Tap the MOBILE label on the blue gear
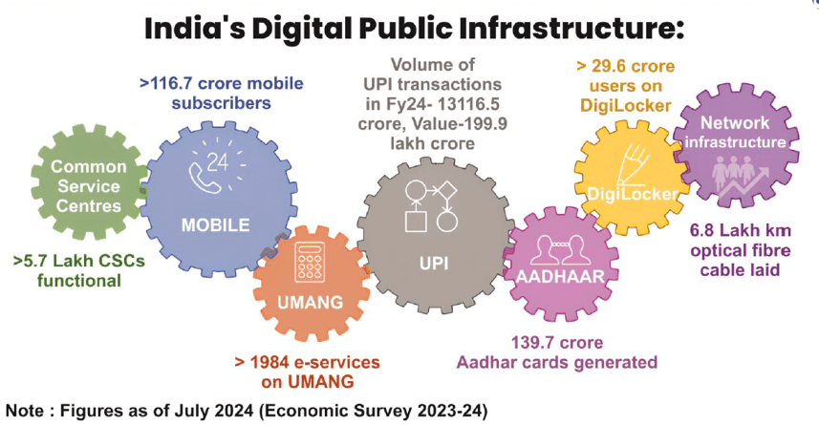216,225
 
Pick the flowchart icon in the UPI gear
433,205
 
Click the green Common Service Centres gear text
87,186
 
